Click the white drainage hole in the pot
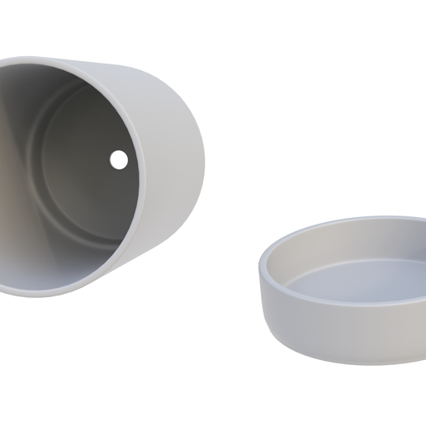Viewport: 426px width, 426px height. [119, 159]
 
